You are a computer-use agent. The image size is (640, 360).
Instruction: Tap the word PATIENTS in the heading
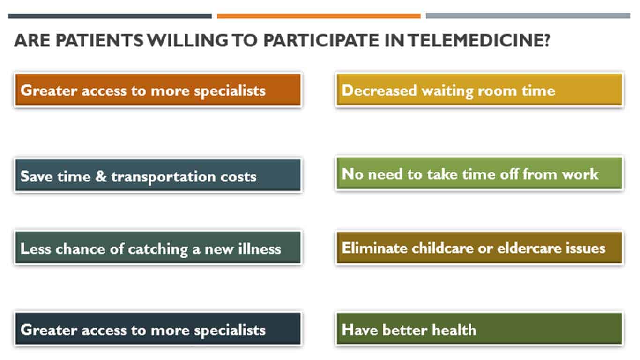[99, 40]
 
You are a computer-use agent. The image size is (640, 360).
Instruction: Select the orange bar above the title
[319, 16]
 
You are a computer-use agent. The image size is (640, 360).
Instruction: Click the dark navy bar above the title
[110, 16]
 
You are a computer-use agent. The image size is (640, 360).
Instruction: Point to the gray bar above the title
[528, 16]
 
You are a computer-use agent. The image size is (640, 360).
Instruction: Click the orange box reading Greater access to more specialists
[158, 90]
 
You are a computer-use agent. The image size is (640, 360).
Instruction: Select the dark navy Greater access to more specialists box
[158, 329]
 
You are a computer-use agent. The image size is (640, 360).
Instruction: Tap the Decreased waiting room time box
[479, 90]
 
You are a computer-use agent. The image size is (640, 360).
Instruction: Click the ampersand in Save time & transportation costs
[101, 176]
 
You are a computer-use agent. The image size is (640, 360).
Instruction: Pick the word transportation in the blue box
[164, 177]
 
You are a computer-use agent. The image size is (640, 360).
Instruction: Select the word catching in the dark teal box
[158, 249]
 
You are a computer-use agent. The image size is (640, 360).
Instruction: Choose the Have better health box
[479, 329]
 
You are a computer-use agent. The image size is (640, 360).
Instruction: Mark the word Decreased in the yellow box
[379, 90]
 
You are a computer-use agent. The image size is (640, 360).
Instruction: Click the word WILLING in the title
[188, 40]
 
